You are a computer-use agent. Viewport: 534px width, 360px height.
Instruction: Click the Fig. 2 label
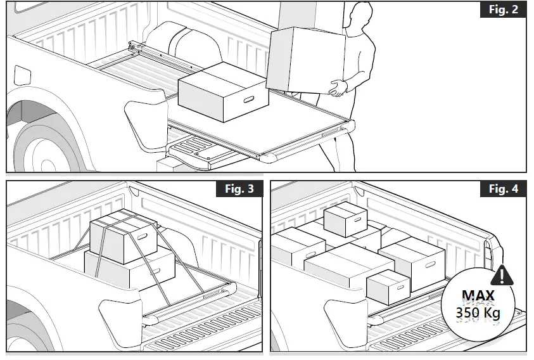pos(505,11)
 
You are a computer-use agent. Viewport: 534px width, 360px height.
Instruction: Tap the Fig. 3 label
pos(241,189)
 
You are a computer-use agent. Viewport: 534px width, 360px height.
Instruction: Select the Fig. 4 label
pos(505,189)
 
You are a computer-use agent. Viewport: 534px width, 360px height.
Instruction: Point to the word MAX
pos(479,295)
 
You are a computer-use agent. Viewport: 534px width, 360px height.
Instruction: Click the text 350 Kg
pos(479,312)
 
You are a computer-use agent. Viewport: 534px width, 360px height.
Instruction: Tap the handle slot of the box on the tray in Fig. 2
pos(248,100)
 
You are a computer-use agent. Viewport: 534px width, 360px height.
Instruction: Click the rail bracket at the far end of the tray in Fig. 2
pos(136,47)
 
